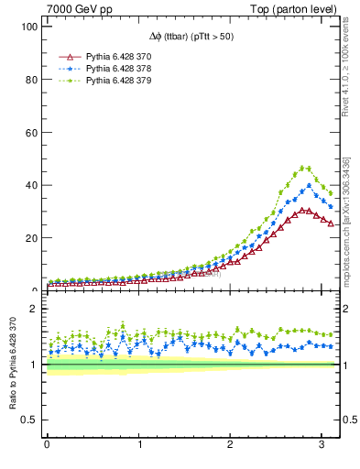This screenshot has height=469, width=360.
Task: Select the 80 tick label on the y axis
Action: click(29, 80)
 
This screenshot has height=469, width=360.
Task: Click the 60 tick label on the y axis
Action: click(29, 132)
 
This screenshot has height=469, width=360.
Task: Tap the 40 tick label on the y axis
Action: click(29, 185)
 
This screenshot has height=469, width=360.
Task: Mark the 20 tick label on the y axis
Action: click(29, 238)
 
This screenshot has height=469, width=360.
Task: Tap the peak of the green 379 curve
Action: click(304, 168)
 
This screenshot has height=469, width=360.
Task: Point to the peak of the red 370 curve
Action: click(304, 210)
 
